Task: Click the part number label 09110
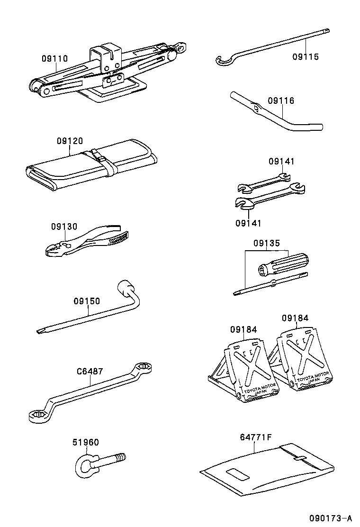[54, 59]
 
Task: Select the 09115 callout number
[306, 57]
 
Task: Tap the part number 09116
[281, 101]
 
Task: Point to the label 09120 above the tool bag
[70, 141]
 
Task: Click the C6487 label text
[90, 372]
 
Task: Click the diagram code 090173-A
[331, 518]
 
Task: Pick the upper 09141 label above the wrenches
[281, 162]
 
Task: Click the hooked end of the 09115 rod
[221, 60]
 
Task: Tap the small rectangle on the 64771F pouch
[237, 474]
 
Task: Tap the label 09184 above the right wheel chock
[295, 318]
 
